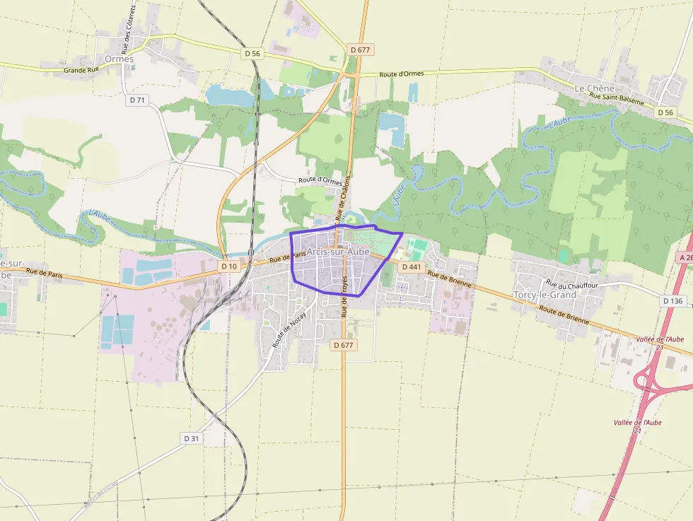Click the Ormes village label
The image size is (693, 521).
[x=118, y=59]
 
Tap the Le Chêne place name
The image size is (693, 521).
[x=591, y=88]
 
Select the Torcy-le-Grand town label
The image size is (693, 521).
[x=544, y=294]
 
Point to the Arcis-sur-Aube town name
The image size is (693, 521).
[x=338, y=252]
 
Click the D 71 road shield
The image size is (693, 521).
[x=137, y=100]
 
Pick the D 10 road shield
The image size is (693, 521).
[x=228, y=267]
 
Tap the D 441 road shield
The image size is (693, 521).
[x=411, y=267]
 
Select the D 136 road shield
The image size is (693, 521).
[x=673, y=300]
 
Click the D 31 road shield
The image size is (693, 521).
[x=192, y=438]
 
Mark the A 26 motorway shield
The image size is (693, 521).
[x=685, y=257]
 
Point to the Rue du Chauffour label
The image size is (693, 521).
[x=571, y=284]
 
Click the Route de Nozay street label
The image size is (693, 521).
[x=289, y=329]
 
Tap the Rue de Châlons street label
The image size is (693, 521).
[x=343, y=197]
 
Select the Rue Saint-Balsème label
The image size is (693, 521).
[x=617, y=100]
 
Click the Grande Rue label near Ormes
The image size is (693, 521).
[x=81, y=70]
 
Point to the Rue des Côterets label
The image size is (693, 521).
[x=128, y=29]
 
